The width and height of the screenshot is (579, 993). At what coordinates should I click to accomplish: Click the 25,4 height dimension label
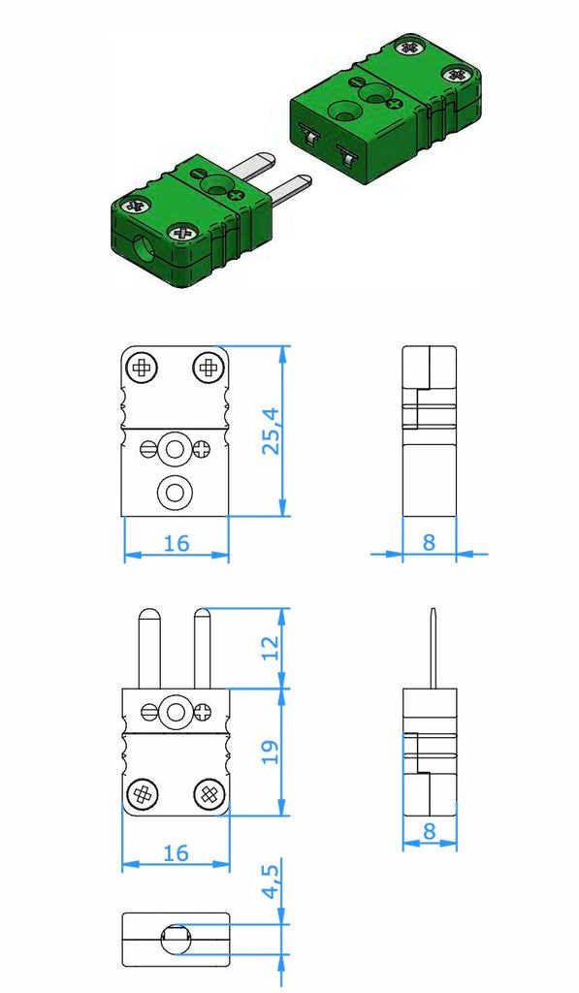[x=272, y=432]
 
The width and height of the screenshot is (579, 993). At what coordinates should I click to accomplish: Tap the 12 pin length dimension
[x=272, y=648]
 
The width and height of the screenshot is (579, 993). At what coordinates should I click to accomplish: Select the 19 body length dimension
[x=272, y=752]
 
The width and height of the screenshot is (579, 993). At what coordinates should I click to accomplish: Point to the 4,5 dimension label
[x=272, y=881]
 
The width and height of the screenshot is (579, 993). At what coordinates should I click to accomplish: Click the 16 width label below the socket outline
[x=177, y=543]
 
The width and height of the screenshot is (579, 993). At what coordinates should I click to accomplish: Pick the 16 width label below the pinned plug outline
[x=177, y=853]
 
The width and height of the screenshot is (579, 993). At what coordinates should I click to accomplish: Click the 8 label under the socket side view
[x=429, y=542]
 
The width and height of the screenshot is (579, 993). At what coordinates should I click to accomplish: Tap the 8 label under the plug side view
[x=430, y=831]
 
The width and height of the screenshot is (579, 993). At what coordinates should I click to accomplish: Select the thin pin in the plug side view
[x=433, y=648]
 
